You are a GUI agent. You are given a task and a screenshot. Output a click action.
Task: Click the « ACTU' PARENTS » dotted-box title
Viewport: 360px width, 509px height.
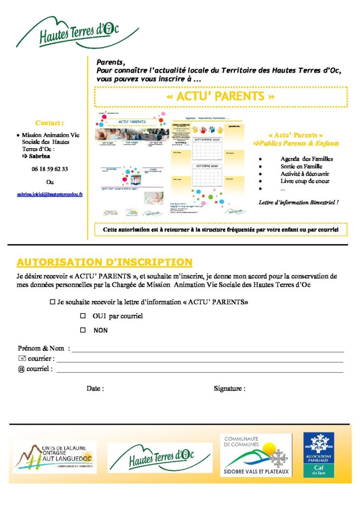(x=221, y=96)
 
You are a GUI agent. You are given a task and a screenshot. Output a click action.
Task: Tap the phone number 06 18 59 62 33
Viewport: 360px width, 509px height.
(x=50, y=169)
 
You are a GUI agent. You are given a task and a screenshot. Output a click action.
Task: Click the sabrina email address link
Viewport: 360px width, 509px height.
(x=50, y=195)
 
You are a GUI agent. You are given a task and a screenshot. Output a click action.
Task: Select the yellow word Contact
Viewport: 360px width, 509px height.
(x=50, y=123)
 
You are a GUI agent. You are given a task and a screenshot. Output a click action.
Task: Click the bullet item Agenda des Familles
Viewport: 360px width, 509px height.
(x=306, y=159)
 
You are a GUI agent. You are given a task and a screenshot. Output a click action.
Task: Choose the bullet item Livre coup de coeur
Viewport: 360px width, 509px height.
(x=305, y=181)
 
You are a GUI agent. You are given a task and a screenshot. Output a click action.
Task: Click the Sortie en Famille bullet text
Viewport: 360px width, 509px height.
(x=301, y=167)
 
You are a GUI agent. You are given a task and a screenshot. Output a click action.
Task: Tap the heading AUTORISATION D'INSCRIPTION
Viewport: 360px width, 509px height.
(x=104, y=262)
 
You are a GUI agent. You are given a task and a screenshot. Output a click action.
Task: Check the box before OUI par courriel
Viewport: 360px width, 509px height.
(x=83, y=316)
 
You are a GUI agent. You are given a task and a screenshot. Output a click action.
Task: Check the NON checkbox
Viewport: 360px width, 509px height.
(x=83, y=330)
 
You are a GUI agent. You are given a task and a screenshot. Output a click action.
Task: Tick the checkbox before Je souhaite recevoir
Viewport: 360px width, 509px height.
(x=53, y=302)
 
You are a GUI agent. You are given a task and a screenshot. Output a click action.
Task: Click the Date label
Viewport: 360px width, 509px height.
(x=95, y=388)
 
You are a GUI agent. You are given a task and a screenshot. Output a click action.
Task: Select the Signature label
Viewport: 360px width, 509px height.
(x=229, y=388)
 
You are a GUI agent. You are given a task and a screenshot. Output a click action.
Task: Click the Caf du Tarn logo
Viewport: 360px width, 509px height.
(x=319, y=454)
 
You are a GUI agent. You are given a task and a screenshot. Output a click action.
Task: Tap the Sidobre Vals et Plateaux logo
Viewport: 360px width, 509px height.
(x=256, y=455)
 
